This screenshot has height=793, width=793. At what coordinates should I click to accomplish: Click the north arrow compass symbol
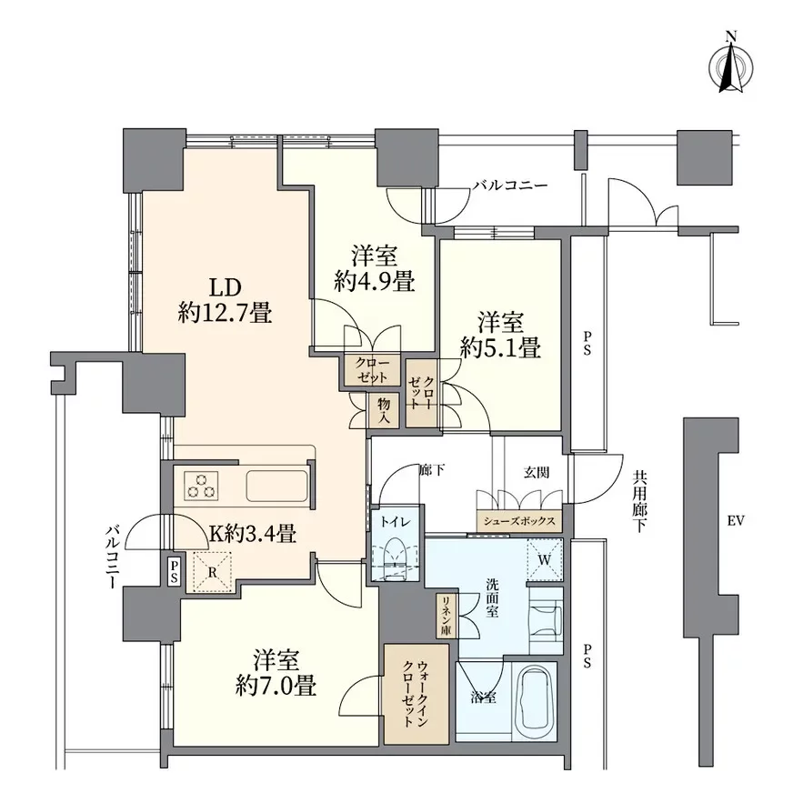(x=731, y=65)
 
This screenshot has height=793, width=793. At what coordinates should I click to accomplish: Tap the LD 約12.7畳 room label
(x=225, y=300)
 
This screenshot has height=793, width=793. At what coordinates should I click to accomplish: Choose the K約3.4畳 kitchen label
(x=252, y=533)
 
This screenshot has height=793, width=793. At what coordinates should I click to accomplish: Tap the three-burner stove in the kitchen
(x=201, y=486)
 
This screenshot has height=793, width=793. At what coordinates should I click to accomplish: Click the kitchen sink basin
(x=276, y=486)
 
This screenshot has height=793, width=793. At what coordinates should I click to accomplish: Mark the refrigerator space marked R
(x=213, y=571)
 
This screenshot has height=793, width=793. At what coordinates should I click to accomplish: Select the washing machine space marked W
(x=545, y=559)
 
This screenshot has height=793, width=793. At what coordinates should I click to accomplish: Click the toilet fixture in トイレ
(x=395, y=559)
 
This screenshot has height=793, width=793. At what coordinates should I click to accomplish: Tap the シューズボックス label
(x=519, y=521)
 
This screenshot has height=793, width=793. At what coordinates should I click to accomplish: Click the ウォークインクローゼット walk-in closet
(x=417, y=694)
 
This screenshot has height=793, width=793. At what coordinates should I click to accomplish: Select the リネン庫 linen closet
(x=447, y=616)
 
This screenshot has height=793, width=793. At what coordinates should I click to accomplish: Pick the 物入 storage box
(x=385, y=410)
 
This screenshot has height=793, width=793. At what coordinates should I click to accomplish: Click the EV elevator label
(x=736, y=520)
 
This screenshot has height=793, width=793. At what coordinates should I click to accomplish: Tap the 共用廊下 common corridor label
(x=638, y=502)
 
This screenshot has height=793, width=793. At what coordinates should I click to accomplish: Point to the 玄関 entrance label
(x=537, y=473)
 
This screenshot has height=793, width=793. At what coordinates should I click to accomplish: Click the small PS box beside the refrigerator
(x=174, y=570)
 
